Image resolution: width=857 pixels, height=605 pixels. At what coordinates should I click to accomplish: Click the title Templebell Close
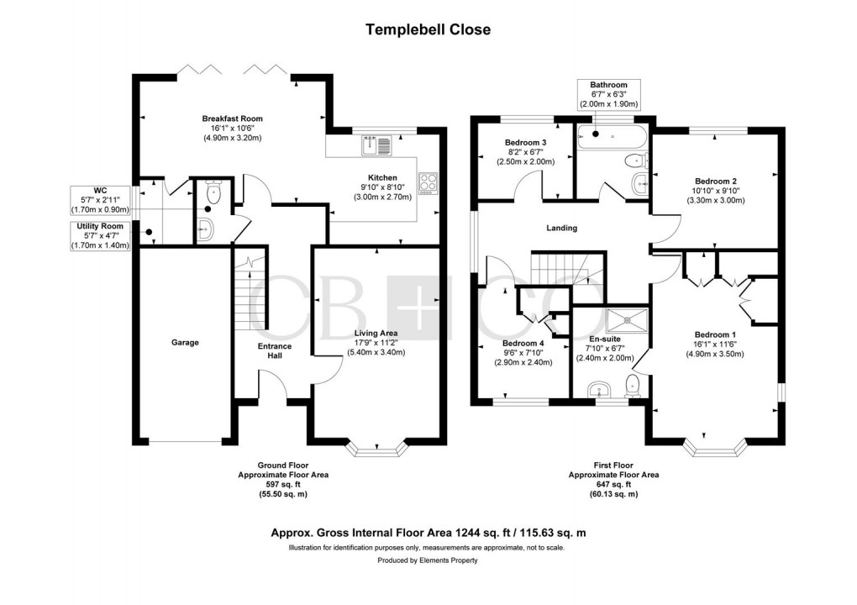pyautogui.click(x=428, y=29)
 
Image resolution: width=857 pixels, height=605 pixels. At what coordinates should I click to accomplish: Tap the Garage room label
pyautogui.click(x=185, y=342)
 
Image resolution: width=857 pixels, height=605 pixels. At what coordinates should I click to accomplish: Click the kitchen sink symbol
pyautogui.click(x=371, y=146)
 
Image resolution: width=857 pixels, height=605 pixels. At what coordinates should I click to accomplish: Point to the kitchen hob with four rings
pyautogui.click(x=428, y=180)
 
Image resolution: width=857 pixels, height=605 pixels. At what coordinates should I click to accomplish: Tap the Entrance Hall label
pyautogui.click(x=274, y=350)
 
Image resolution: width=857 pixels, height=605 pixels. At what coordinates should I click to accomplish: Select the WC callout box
pyautogui.click(x=100, y=201)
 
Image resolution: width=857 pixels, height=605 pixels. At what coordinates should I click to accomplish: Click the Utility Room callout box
pyautogui.click(x=100, y=237)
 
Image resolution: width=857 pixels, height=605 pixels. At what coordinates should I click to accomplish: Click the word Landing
pyautogui.click(x=561, y=228)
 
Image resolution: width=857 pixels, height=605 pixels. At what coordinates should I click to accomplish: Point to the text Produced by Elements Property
pyautogui.click(x=428, y=560)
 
